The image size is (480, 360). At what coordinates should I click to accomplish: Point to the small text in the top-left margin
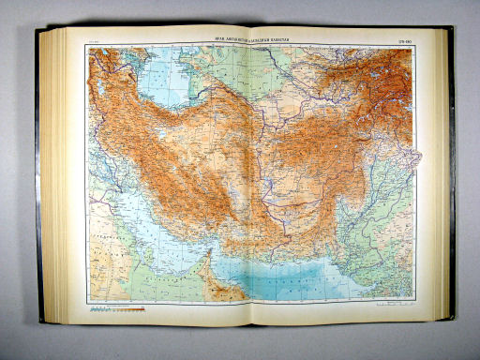coord(93,39)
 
